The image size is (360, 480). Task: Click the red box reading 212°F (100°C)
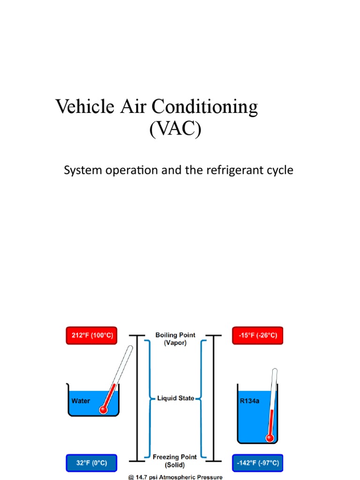click(90, 336)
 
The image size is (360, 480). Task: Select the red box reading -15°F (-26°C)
click(257, 336)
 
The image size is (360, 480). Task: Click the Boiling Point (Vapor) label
click(175, 339)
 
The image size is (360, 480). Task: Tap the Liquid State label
click(175, 398)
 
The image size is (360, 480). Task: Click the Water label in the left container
click(80, 401)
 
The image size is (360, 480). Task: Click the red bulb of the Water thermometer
click(104, 410)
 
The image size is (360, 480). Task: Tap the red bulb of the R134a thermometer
click(270, 438)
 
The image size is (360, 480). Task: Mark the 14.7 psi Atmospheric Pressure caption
click(175, 476)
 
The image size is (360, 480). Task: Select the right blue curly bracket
click(202, 398)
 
